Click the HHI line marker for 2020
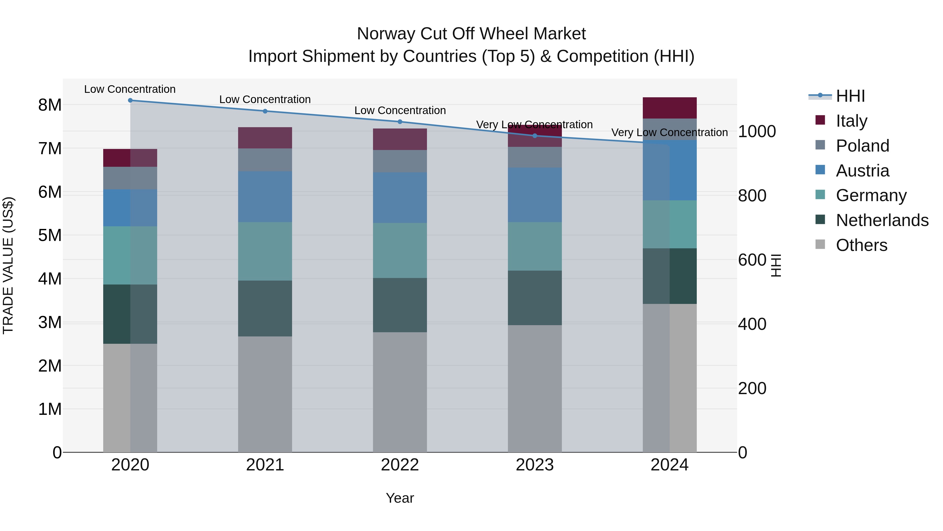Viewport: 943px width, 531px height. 130,100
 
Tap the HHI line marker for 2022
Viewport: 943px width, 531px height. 400,122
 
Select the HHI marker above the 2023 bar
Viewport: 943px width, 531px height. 535,136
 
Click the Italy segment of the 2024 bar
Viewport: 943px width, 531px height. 670,108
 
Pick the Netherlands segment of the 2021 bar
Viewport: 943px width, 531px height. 265,309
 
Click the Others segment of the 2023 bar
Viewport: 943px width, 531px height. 535,388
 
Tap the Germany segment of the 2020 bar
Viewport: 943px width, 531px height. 130,255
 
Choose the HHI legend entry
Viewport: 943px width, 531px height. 850,96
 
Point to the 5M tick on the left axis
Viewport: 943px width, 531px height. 50,235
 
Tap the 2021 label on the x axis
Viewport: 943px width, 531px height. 265,465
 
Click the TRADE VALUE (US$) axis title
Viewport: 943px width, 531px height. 8,265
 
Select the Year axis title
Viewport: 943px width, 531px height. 400,498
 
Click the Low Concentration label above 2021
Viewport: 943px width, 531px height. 265,99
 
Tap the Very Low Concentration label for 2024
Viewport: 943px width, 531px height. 670,132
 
